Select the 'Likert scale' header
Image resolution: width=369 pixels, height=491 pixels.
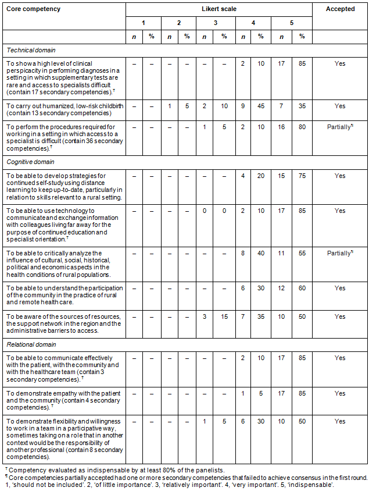click(218, 9)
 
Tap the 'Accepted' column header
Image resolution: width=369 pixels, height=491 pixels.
click(340, 9)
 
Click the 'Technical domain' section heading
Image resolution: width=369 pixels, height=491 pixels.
click(31, 51)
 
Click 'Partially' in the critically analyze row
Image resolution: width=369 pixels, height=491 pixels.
click(339, 253)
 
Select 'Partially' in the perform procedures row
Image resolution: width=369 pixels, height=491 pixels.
click(339, 127)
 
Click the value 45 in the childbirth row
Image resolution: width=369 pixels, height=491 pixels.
click(261, 106)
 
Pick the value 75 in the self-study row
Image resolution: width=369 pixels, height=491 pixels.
click(302, 176)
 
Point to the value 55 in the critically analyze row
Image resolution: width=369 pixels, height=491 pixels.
click(302, 253)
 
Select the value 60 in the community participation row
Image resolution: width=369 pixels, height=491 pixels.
click(302, 288)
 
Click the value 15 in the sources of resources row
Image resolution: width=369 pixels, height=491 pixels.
click(224, 316)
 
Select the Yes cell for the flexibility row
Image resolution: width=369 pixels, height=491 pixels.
click(340, 421)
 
